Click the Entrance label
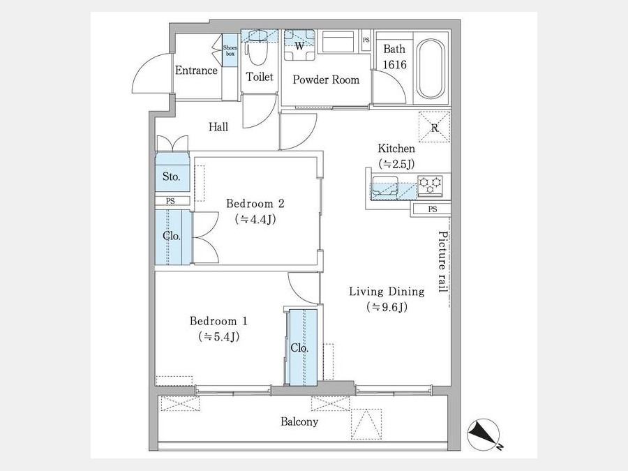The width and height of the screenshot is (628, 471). (x=196, y=70)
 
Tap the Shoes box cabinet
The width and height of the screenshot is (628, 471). (x=230, y=50)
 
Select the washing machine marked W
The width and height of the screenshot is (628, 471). (x=299, y=45)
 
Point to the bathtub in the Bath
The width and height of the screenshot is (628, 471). (x=431, y=68)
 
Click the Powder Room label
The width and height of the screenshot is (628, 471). (x=326, y=80)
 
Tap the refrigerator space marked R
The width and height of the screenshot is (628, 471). (x=435, y=127)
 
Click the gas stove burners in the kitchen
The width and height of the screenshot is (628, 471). (x=430, y=186)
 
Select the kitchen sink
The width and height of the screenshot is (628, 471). (x=385, y=186)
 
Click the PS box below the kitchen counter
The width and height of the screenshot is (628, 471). (x=432, y=209)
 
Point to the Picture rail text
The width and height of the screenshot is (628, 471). (x=442, y=262)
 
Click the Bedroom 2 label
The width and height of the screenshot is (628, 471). (x=255, y=204)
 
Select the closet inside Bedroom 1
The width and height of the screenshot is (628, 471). (x=304, y=347)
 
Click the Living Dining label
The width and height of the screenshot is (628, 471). (x=387, y=291)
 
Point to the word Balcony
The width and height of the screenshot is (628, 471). (x=299, y=421)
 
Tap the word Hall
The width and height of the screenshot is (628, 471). (x=218, y=128)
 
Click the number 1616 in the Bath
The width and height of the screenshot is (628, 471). (x=394, y=64)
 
